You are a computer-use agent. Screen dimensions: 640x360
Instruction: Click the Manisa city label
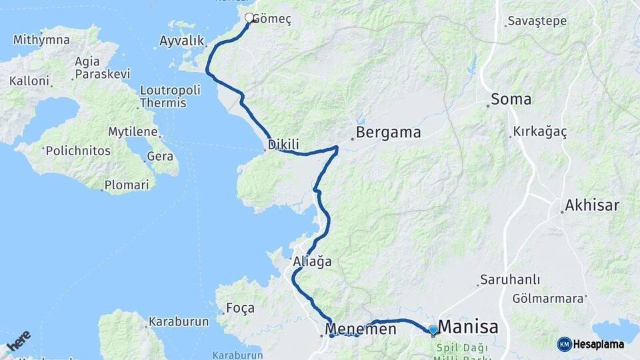click(x=469, y=327)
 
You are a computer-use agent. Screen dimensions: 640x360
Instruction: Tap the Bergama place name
click(x=388, y=133)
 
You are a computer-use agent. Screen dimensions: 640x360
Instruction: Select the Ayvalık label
click(x=181, y=41)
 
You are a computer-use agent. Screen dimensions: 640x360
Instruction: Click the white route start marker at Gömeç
click(x=249, y=18)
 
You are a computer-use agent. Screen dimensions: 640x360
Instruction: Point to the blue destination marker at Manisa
click(x=433, y=329)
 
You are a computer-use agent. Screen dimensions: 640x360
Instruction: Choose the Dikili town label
click(x=283, y=144)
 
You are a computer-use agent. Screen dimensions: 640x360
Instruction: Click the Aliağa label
click(x=312, y=263)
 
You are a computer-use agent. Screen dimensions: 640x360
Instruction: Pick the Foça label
click(x=241, y=308)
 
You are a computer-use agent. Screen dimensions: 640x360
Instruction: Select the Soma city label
click(x=511, y=100)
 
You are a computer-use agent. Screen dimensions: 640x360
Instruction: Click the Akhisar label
click(x=592, y=205)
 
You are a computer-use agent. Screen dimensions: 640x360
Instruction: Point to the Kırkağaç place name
click(x=540, y=132)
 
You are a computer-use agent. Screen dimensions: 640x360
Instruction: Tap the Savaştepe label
click(x=537, y=21)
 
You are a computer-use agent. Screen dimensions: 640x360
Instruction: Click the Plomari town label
click(x=127, y=185)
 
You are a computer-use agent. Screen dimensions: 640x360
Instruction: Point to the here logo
click(x=18, y=341)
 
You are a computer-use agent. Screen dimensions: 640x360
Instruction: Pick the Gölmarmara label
click(x=547, y=299)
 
